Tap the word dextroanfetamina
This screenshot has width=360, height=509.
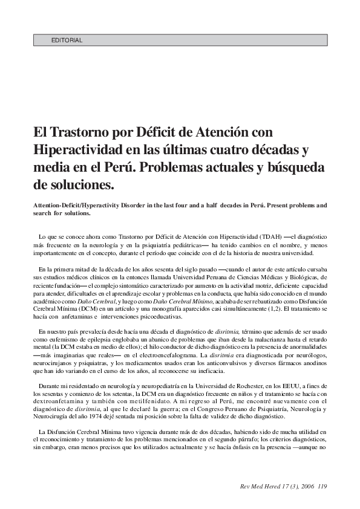pyautogui.click(x=67, y=401)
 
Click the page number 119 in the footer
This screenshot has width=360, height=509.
pyautogui.click(x=322, y=486)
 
